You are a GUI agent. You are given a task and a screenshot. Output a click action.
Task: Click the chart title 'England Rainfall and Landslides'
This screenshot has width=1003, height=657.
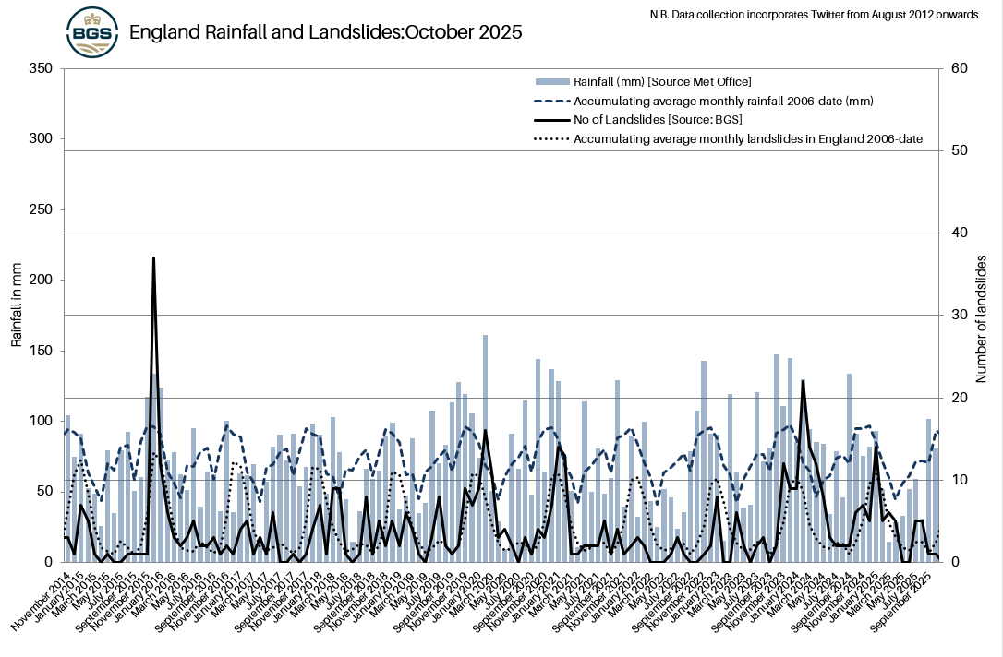coord(325,32)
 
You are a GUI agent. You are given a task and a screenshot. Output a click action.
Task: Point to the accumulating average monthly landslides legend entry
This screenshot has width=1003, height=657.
coord(748,139)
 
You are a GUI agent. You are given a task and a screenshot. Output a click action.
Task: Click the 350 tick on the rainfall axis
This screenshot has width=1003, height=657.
coord(42,68)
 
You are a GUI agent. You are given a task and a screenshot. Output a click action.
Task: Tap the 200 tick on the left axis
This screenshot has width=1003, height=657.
coord(42,280)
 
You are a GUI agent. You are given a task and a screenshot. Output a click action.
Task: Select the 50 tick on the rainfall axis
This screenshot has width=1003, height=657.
coord(44,491)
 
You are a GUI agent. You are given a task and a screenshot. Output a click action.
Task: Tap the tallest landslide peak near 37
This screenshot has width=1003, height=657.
coord(153,258)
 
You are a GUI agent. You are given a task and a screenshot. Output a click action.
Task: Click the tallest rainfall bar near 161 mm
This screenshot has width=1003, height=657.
coord(485,336)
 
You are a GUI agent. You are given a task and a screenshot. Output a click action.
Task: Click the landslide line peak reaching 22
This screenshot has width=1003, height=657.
coord(803,381)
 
